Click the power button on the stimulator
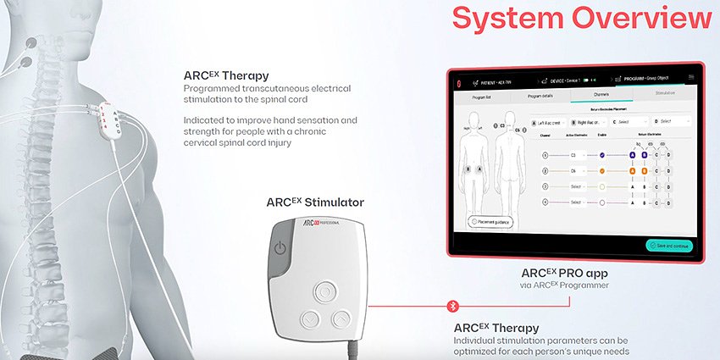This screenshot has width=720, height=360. click(281, 247)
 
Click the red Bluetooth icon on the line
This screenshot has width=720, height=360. click(452, 305)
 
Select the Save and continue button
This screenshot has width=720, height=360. click(671, 246)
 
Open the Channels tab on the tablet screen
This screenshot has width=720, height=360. click(601, 95)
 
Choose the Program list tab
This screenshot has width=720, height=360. click(480, 95)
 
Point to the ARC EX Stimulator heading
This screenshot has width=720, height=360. click(315, 202)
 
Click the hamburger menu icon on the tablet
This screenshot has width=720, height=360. click(691, 77)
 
